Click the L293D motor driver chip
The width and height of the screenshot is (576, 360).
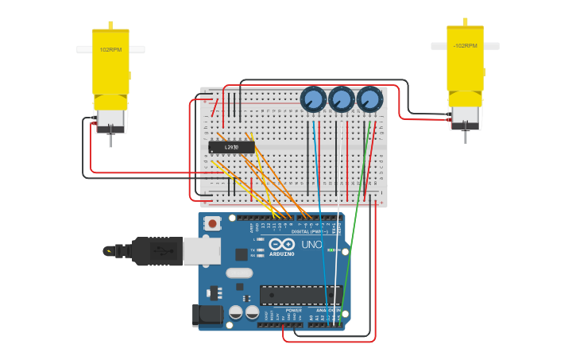click(x=231, y=147)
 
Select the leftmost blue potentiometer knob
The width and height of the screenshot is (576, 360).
click(x=313, y=99)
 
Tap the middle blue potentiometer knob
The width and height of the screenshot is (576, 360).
click(x=341, y=99)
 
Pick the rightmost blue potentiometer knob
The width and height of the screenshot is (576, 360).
click(x=369, y=99)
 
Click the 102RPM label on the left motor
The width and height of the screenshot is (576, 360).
click(x=110, y=49)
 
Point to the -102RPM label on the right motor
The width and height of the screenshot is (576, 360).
click(x=465, y=46)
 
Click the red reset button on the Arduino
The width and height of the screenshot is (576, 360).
click(x=212, y=223)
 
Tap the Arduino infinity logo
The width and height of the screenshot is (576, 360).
click(x=281, y=244)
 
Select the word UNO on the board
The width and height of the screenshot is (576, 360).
click(x=312, y=244)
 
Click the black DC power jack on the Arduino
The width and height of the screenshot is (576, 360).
click(x=208, y=314)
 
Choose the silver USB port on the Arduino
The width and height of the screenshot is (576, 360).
click(x=202, y=251)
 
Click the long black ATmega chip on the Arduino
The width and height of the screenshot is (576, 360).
click(x=301, y=295)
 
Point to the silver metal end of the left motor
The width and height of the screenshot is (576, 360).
click(x=110, y=120)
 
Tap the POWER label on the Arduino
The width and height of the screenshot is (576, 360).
click(x=282, y=310)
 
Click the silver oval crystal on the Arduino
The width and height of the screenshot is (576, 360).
click(x=239, y=273)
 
